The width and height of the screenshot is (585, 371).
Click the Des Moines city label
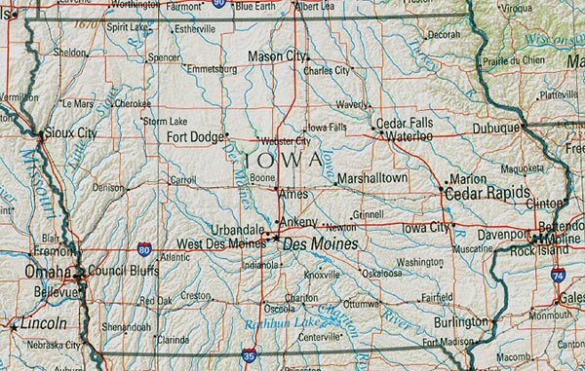pyautogui.click(x=319, y=244)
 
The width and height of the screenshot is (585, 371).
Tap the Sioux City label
pyautogui.click(x=71, y=133)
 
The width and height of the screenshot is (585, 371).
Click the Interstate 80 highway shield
pyautogui.click(x=144, y=249)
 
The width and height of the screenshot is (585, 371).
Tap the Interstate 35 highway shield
pyautogui.click(x=250, y=357)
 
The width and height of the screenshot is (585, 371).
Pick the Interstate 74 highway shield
pyautogui.click(x=557, y=276)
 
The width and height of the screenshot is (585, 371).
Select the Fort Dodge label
pyautogui.click(x=195, y=136)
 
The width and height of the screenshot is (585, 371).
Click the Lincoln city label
pyautogui.click(x=42, y=322)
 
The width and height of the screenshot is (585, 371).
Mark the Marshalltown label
pyautogui.click(x=371, y=179)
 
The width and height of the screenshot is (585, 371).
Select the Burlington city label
pyautogui.click(x=460, y=320)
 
